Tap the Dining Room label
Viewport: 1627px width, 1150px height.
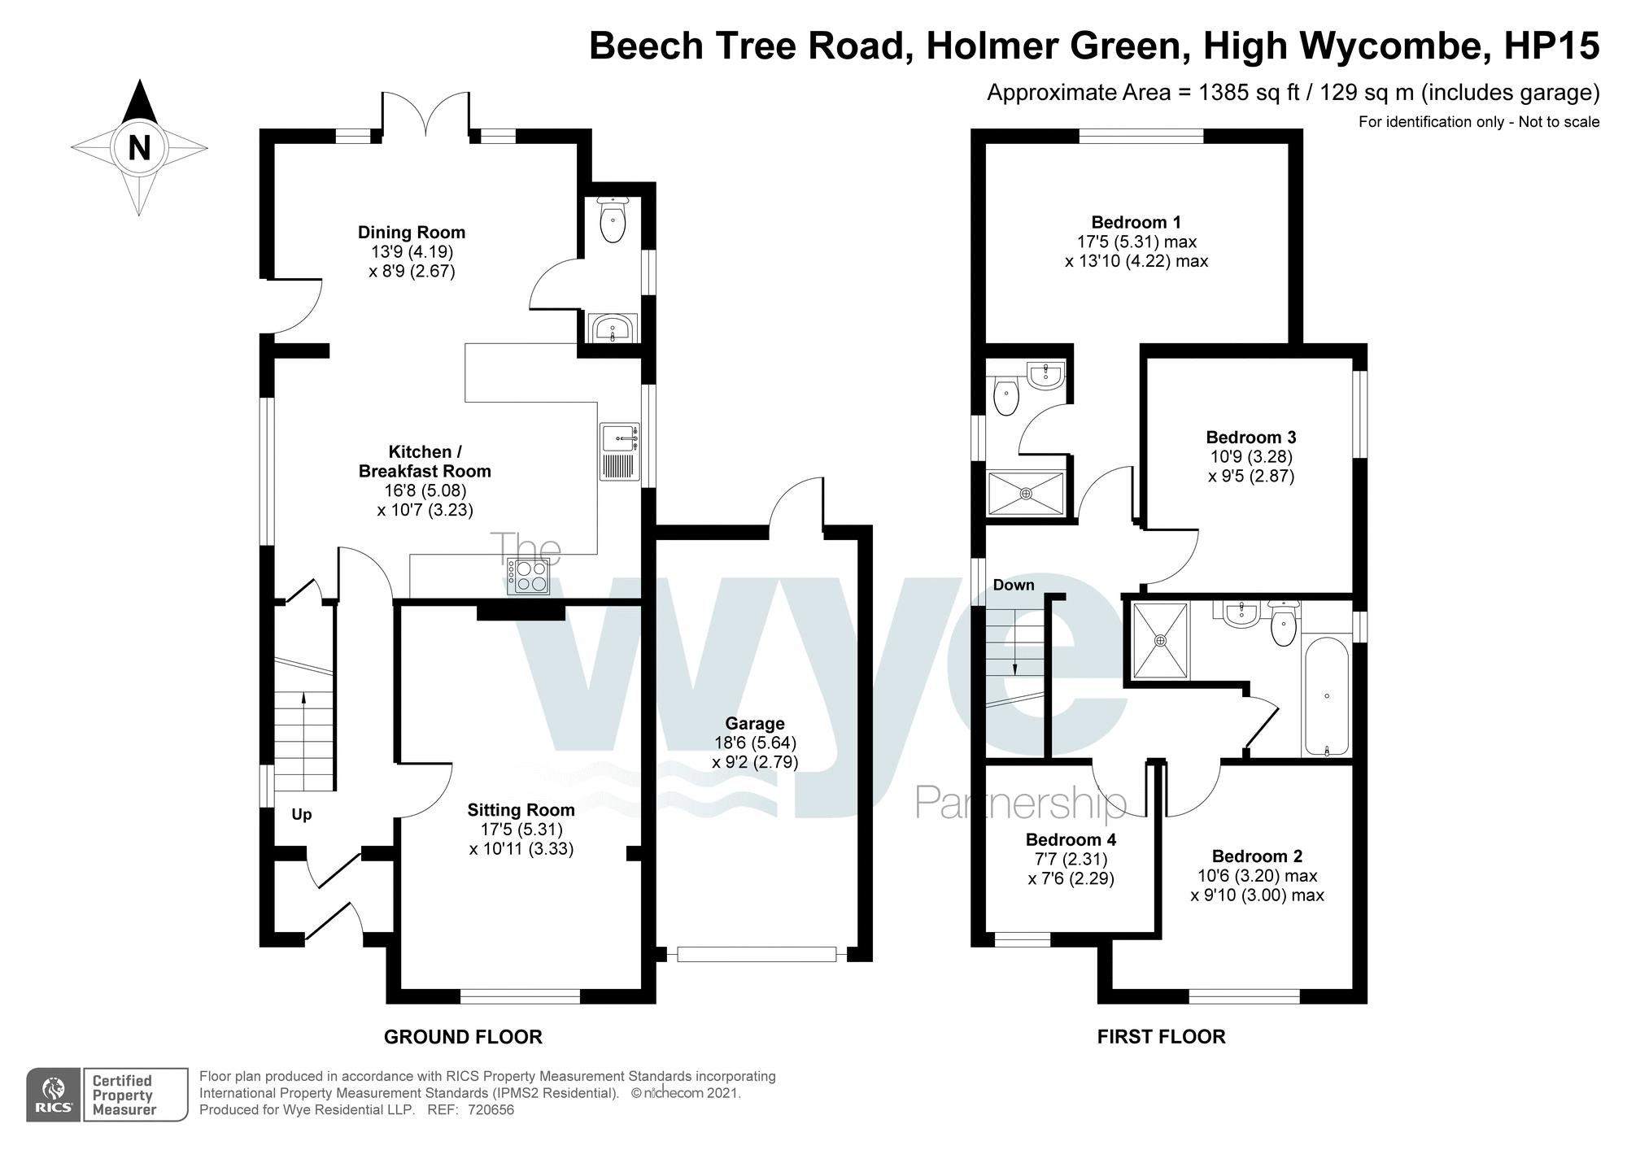tap(412, 233)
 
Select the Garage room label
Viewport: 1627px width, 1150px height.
tap(755, 724)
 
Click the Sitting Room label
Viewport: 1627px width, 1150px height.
tap(521, 810)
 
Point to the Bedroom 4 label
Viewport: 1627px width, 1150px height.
tap(1071, 839)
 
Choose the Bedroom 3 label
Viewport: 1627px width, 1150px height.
tap(1251, 438)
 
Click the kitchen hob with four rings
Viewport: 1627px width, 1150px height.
tap(529, 577)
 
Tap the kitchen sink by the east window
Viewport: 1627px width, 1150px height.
tap(621, 451)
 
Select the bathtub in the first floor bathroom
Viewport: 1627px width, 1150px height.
tap(1327, 697)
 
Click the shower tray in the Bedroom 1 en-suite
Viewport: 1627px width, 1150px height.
tap(1026, 493)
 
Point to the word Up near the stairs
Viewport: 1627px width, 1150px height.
tap(302, 815)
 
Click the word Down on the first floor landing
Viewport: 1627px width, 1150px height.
tap(1014, 585)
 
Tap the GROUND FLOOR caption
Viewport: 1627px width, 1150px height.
tap(463, 1037)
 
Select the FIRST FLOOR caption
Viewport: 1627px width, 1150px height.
tap(1161, 1037)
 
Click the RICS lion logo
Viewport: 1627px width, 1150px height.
tap(54, 1095)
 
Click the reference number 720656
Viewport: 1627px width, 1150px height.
tap(491, 1110)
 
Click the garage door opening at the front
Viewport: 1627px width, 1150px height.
tap(757, 953)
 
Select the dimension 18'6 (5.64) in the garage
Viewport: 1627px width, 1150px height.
tap(755, 743)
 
